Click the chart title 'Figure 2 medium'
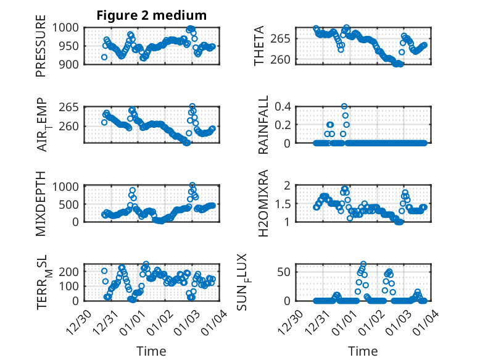[151, 15]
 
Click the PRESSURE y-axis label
[41, 50]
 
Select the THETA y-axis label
[260, 46]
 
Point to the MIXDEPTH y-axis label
[41, 203]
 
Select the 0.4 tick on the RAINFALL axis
[282, 106]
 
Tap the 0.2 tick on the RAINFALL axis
[282, 125]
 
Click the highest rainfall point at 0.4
[344, 106]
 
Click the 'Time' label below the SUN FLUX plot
[363, 351]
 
